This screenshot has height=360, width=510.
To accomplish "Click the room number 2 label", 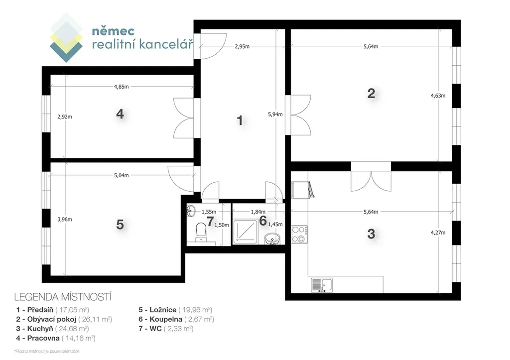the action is (371, 94).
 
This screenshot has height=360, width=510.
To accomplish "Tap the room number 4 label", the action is (120, 114).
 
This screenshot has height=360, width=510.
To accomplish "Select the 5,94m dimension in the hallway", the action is (275, 114).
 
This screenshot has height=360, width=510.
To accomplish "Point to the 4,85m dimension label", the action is (122, 87).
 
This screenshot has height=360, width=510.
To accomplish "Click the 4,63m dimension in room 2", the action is (438, 96).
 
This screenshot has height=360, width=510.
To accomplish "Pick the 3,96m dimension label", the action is (65, 219).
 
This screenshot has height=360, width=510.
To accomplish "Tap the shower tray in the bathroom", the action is (246, 231).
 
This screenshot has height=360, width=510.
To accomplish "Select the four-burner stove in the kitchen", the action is (299, 235).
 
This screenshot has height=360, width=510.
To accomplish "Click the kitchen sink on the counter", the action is (322, 285).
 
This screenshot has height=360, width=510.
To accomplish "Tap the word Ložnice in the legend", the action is (163, 310).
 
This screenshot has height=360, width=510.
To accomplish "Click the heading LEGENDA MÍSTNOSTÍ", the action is (63, 297).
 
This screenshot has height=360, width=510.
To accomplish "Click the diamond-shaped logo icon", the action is (66, 37).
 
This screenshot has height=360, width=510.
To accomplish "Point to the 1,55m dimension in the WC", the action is (209, 212).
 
